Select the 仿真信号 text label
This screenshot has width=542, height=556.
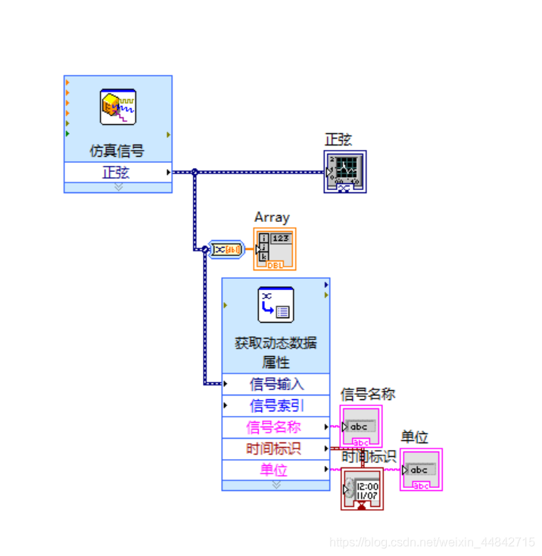pos(117,151)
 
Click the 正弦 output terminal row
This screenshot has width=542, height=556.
pos(117,172)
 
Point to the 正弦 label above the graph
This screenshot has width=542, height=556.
pos(338,139)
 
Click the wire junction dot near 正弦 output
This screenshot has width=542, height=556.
pos(195,173)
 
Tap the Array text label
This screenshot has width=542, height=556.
pos(272,217)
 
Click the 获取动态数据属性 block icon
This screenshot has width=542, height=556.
pos(276,305)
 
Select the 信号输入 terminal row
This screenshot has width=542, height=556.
pos(276,384)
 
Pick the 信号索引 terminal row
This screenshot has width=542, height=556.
pos(276,405)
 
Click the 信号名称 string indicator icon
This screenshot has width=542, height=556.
pos(361,427)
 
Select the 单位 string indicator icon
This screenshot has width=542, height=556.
pos(422,470)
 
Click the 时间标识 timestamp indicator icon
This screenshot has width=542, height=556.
pos(362,489)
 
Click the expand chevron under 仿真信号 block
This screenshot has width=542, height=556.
pos(118,187)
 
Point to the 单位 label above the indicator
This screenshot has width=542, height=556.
pos(414,438)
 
